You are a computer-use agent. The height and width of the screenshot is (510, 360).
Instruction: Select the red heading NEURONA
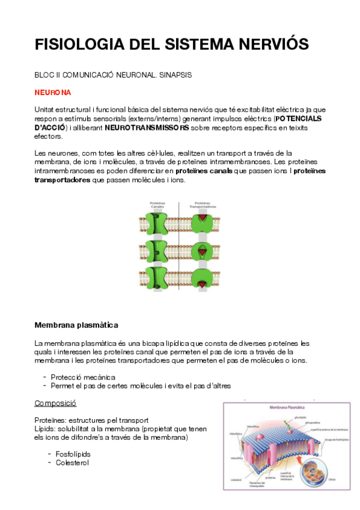tap(53, 93)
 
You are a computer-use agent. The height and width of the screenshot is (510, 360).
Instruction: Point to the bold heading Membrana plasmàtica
tap(72, 325)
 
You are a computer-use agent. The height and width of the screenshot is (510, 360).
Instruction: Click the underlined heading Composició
tap(55, 403)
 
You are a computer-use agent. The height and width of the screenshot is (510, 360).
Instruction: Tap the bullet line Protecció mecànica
tap(82, 376)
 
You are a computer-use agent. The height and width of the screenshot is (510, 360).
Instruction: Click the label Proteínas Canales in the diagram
tap(157, 205)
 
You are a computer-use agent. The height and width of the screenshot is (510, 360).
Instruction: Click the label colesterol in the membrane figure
tap(236, 479)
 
